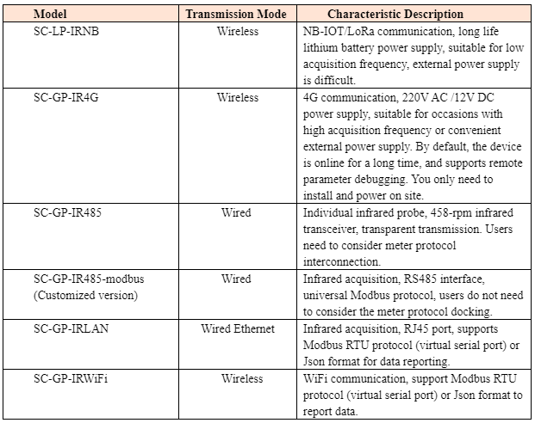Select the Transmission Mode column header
coord(237,15)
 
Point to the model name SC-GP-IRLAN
coord(72,328)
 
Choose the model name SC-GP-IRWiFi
coord(71,378)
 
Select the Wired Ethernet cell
coord(238,328)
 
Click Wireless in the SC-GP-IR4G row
coord(238,98)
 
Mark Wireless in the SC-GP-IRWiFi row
coord(238,378)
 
